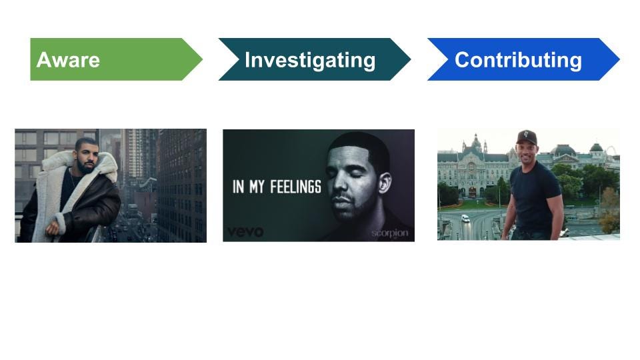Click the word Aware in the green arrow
tap(68, 60)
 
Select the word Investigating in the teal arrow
tap(310, 61)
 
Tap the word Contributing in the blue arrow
tap(519, 61)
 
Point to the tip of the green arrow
tap(203, 59)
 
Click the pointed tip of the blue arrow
tap(619, 59)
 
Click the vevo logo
tap(245, 232)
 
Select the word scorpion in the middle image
tap(390, 234)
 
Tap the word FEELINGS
tap(295, 187)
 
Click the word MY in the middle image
tap(257, 187)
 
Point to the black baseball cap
tap(527, 136)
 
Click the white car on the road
tap(465, 218)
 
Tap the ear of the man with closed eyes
tap(385, 184)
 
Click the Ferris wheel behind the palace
tap(611, 151)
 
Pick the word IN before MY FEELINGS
tap(239, 187)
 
